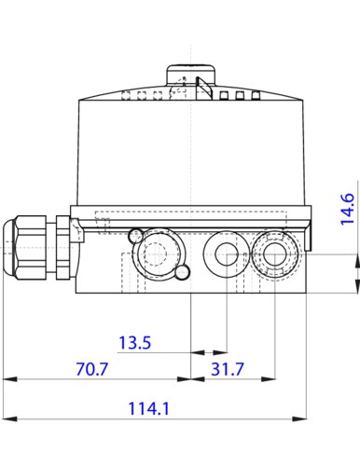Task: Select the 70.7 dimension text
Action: [92, 369]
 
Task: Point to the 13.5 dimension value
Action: [135, 343]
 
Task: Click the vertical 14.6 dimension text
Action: [346, 210]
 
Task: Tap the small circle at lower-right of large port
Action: [183, 272]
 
